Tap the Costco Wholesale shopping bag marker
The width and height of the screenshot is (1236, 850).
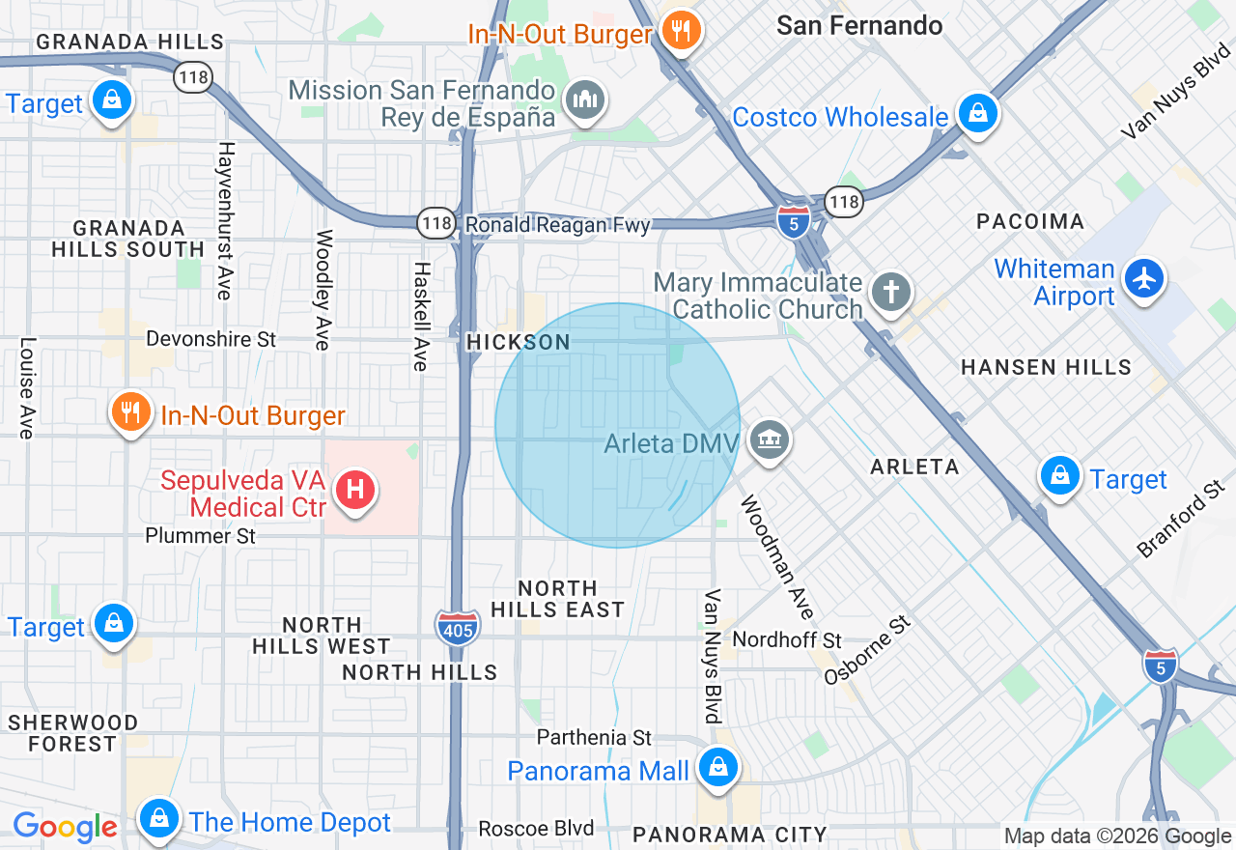978,113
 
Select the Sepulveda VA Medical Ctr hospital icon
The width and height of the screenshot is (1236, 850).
354,490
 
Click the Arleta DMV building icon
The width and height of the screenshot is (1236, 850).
769,440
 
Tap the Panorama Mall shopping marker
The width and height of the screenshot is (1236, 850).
717,768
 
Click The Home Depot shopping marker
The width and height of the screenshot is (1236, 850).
157,819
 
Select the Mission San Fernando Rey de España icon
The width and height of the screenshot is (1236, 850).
584,99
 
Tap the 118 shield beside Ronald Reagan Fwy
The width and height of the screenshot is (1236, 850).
436,224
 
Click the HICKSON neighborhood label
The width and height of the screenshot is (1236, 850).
518,342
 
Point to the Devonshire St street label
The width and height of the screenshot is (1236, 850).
211,339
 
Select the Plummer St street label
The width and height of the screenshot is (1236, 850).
200,535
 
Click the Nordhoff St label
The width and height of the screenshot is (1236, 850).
787,639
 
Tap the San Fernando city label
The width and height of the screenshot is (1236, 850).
859,25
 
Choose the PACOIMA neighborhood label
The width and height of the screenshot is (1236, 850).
1030,221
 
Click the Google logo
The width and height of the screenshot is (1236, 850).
66,827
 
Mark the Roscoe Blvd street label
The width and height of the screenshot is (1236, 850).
536,829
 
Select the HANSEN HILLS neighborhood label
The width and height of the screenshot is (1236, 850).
1047,367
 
